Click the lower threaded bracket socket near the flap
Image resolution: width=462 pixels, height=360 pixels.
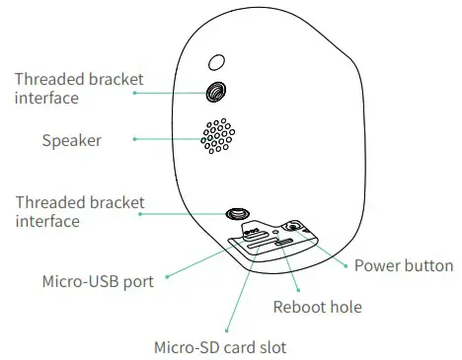(x=237, y=213)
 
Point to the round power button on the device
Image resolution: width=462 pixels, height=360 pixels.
(x=292, y=226)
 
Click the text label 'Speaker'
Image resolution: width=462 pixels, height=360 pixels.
(x=71, y=140)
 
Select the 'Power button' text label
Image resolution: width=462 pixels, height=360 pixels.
(x=403, y=265)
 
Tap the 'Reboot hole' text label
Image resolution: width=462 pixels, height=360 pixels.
(x=317, y=307)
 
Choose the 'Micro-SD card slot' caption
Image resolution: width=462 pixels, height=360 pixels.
(x=220, y=347)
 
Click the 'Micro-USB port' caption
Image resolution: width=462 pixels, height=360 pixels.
(x=98, y=282)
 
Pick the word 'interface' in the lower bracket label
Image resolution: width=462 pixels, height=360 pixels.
(x=47, y=222)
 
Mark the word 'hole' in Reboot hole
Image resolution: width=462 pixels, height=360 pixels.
(x=344, y=307)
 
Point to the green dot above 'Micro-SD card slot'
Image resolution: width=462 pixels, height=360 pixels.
(x=228, y=328)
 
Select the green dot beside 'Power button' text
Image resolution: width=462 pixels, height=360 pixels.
(x=345, y=264)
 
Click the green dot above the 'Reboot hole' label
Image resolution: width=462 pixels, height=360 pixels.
(x=298, y=287)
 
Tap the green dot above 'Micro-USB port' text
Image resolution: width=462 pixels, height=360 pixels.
(x=167, y=275)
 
